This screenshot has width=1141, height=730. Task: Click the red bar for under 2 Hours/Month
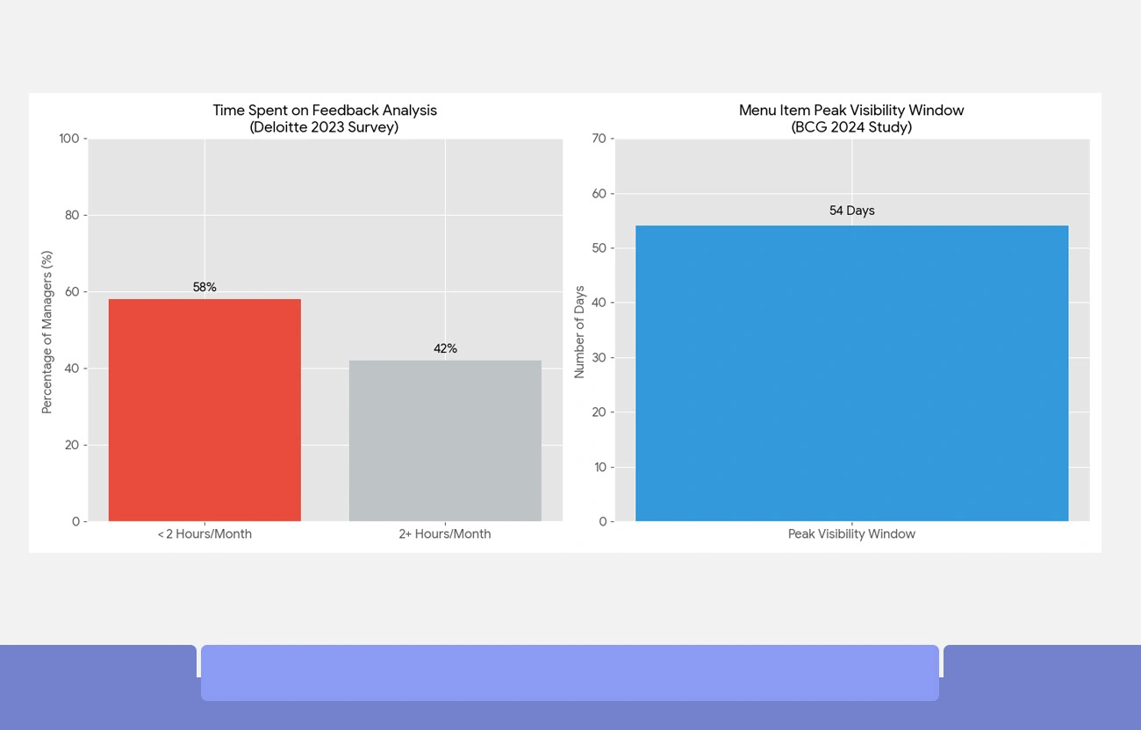tap(205, 410)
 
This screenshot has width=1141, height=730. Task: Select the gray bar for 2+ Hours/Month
tap(445, 440)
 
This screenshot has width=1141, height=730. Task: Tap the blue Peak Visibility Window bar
tap(851, 373)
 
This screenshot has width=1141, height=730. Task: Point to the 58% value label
tap(205, 288)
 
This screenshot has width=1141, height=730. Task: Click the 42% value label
tap(445, 349)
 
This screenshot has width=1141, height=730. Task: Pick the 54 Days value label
tap(851, 211)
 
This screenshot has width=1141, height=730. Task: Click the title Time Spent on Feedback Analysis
tap(325, 111)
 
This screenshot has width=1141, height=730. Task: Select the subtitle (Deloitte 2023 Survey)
tap(325, 127)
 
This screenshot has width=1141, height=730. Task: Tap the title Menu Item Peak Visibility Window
tap(851, 111)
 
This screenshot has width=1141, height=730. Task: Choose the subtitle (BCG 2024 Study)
tap(851, 127)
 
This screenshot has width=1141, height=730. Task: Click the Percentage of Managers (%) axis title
tap(47, 332)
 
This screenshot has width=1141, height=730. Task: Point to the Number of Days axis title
tap(579, 332)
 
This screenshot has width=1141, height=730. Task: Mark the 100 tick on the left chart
tap(69, 139)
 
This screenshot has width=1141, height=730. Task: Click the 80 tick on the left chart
tap(73, 215)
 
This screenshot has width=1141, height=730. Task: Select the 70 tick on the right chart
tap(599, 139)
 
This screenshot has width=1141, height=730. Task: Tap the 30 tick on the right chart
tap(599, 358)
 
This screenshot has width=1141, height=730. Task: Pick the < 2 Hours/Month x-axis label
tap(205, 534)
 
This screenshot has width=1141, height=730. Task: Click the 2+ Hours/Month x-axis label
tap(445, 534)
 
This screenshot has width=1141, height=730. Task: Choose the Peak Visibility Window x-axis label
tap(851, 534)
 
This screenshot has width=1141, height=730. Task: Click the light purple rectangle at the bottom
tap(570, 673)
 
